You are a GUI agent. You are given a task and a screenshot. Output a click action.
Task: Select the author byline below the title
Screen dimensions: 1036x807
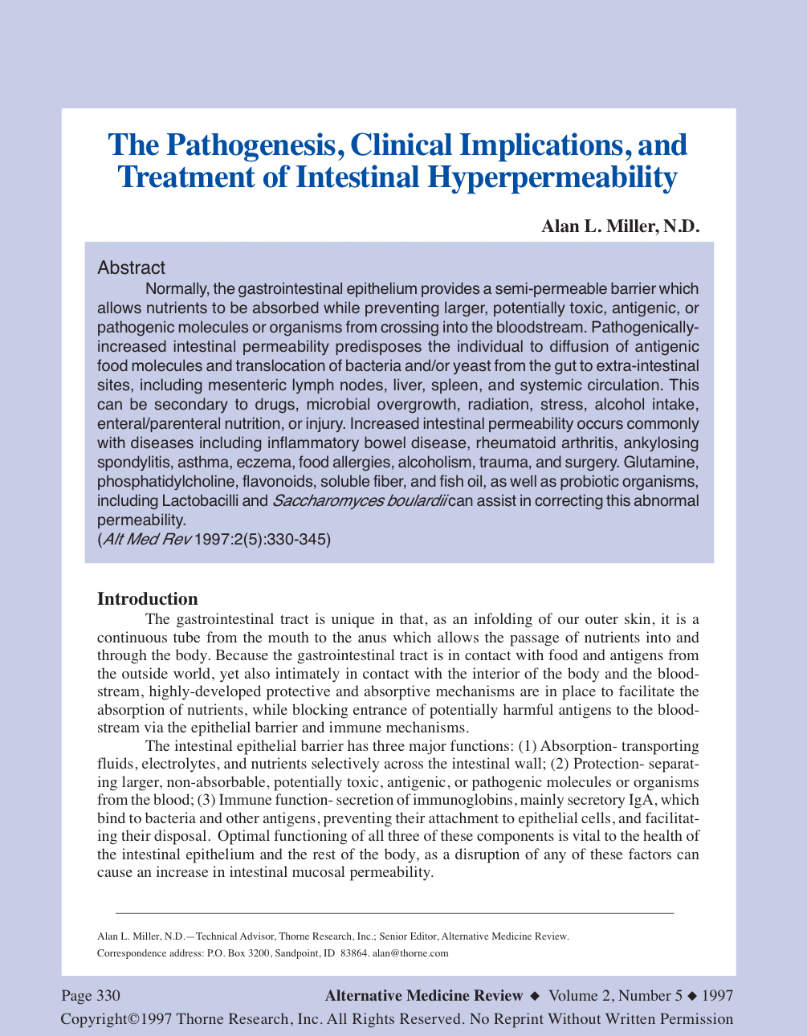[x=621, y=226]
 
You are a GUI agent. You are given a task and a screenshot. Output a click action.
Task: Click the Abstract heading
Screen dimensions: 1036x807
[x=131, y=267]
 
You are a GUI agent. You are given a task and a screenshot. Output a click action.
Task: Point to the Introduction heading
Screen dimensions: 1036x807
[x=147, y=599]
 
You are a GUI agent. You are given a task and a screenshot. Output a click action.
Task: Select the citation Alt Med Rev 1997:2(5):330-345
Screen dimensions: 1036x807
[x=214, y=540]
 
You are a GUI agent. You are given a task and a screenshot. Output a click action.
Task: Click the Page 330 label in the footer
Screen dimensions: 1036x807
[x=91, y=996]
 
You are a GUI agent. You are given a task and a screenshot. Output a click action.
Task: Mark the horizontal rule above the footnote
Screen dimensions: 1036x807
[x=395, y=913]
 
